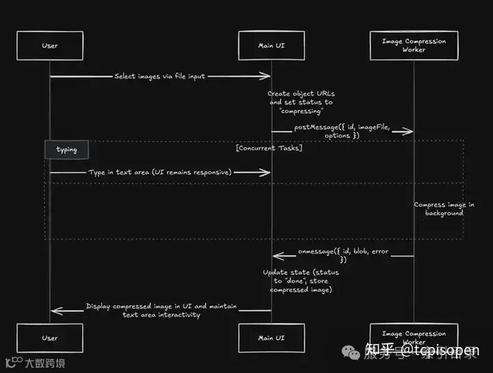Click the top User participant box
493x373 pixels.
50,46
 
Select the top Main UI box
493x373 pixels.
272,46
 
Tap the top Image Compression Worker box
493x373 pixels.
414,46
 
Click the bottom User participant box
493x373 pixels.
50,338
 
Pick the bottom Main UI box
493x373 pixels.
272,338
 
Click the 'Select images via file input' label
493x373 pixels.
160,77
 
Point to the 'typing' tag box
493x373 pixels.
67,149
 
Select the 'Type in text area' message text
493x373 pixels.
160,172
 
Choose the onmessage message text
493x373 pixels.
343,255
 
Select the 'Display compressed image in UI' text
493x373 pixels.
161,310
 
